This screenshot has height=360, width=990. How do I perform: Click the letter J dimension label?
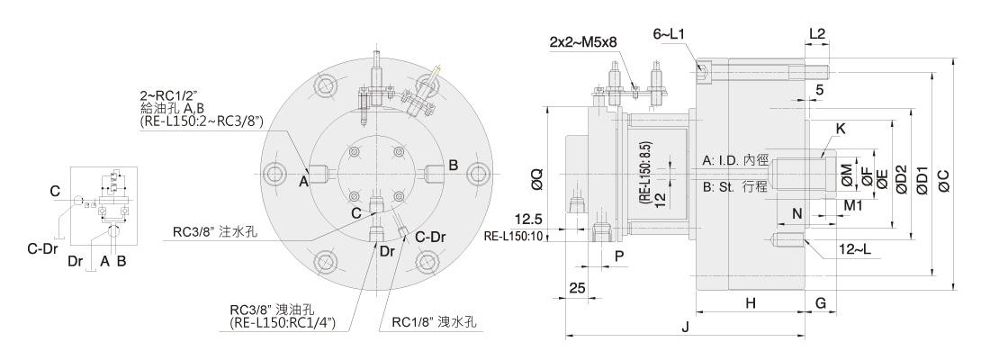686,328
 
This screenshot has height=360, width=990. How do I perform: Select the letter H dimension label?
750,303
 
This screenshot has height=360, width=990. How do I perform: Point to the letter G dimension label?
821,303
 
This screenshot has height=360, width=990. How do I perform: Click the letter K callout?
841,129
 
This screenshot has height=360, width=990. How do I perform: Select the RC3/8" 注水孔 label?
216,231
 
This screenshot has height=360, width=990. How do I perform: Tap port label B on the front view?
454,165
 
